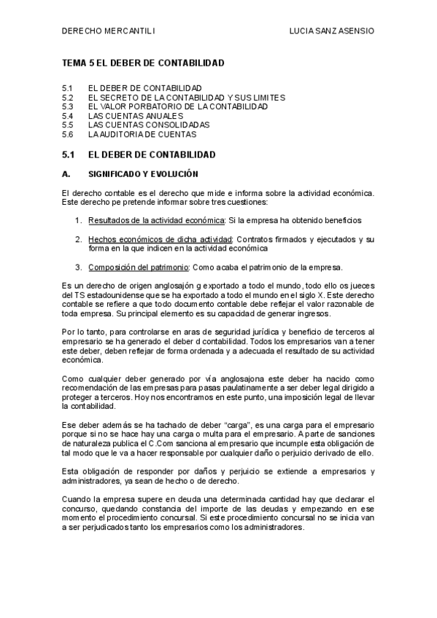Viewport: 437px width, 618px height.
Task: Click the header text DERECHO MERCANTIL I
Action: pos(108,31)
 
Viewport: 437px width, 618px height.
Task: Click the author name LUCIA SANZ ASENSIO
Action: pos(332,31)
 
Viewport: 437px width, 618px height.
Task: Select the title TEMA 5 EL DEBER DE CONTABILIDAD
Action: pos(143,64)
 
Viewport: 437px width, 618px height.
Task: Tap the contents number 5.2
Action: pos(68,97)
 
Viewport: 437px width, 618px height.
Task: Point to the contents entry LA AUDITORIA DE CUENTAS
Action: pos(142,135)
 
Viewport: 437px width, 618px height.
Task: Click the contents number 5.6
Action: pos(68,135)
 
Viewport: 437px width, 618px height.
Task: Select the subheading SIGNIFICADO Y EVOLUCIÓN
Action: pos(142,175)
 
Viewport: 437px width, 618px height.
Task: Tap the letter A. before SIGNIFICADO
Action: pos(66,175)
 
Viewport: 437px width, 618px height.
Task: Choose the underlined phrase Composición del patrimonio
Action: pos(137,267)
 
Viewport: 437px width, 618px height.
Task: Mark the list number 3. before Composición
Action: pos(79,267)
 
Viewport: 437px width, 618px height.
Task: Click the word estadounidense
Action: pos(112,294)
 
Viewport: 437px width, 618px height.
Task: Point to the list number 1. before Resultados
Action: pos(79,220)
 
